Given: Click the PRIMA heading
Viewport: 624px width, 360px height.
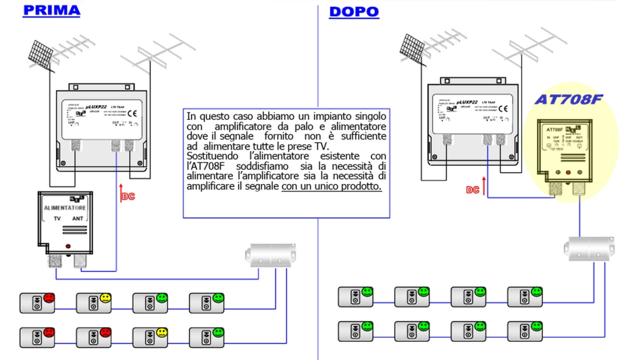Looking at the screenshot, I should [51, 10].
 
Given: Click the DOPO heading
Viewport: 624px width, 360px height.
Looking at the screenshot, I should [354, 11].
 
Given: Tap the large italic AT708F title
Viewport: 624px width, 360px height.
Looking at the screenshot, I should [569, 99].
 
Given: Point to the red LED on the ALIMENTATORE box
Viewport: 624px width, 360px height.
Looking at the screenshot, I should [67, 246].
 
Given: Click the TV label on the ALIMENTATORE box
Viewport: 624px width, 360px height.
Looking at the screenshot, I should [58, 220].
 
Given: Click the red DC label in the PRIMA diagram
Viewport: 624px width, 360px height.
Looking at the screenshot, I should [128, 197].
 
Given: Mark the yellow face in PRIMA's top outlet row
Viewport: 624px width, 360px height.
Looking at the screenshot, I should [106, 298].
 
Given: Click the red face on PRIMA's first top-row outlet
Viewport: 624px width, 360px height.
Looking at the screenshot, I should [49, 298].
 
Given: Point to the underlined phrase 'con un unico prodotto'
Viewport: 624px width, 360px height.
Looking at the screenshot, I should [332, 186].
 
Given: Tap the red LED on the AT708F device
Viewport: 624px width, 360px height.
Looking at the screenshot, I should [568, 172].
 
